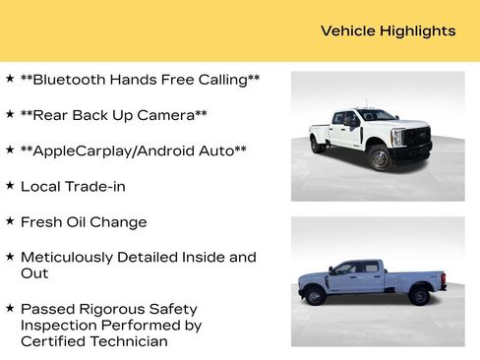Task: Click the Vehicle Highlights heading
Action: tap(388, 30)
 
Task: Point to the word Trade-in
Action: tap(94, 186)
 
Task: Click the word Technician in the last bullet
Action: tap(125, 341)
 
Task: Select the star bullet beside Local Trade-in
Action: tap(10, 185)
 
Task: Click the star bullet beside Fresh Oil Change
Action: tap(10, 220)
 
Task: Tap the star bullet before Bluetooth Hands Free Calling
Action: tap(10, 78)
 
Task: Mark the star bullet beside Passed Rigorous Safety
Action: tap(10, 307)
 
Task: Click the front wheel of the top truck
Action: tap(379, 157)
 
